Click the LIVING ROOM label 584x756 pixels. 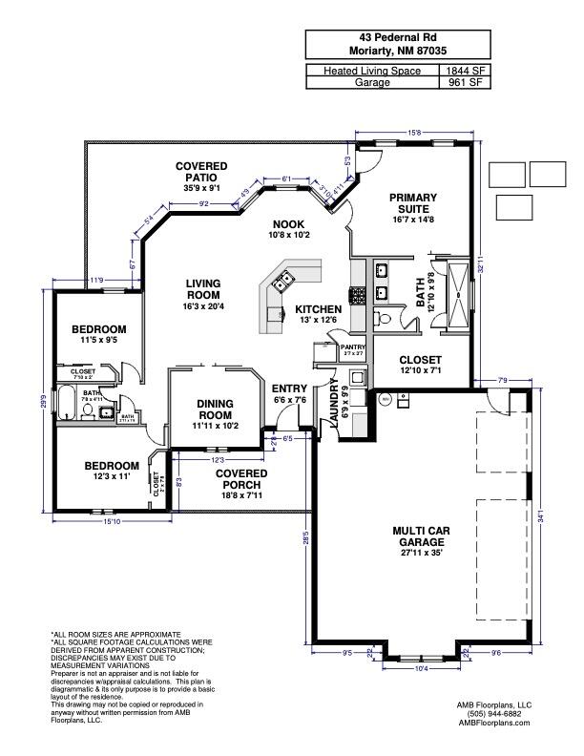[x=202, y=289]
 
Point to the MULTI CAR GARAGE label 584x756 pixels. [x=420, y=540]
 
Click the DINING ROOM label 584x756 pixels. [x=216, y=409]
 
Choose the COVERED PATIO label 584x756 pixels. [x=201, y=172]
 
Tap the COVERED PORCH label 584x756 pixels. [x=240, y=479]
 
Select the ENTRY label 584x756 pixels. [x=289, y=388]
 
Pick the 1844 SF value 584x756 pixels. [x=463, y=71]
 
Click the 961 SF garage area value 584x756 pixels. [x=463, y=83]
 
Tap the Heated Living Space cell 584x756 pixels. [x=371, y=71]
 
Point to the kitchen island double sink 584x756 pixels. [x=283, y=282]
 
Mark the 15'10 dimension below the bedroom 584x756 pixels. [x=111, y=522]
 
